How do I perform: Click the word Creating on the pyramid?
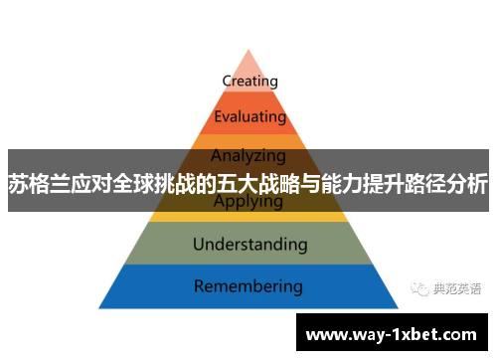point(249,81)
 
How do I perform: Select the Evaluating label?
point(249,118)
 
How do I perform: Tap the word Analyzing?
point(248,155)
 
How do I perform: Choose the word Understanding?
point(249,243)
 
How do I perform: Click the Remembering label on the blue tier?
point(248,286)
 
